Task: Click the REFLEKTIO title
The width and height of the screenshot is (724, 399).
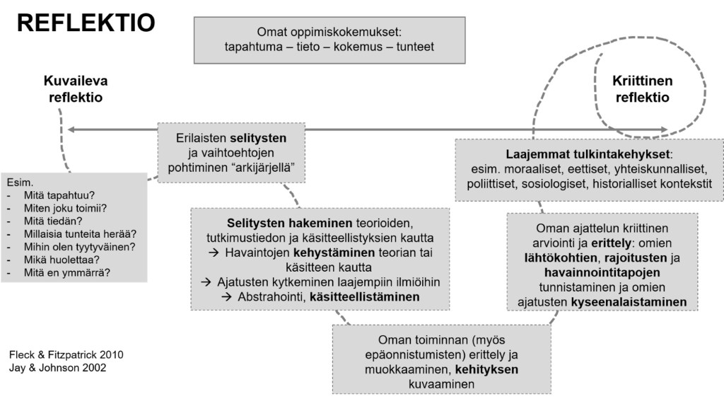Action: click(x=86, y=23)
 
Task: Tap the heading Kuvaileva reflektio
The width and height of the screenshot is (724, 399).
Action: click(x=76, y=88)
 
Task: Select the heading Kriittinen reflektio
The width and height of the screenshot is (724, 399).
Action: click(x=642, y=88)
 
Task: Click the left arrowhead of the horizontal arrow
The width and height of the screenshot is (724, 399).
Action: click(x=71, y=129)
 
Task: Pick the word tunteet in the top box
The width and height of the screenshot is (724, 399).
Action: click(x=411, y=47)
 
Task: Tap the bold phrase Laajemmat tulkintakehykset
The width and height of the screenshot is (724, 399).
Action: click(x=588, y=154)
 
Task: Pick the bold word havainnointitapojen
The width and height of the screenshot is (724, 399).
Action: click(x=602, y=272)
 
